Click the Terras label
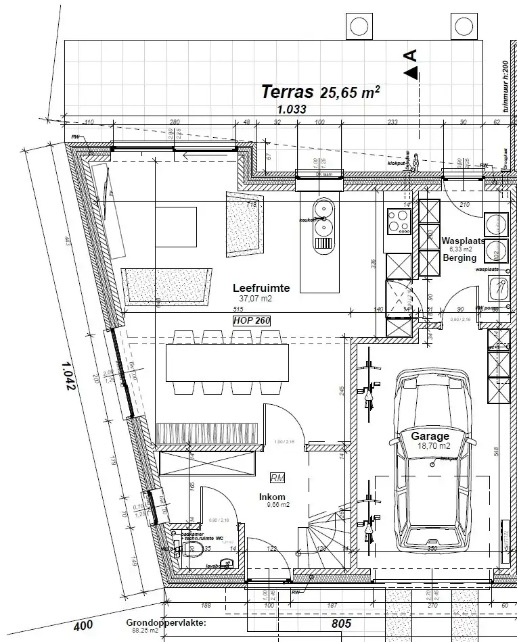coord(287,92)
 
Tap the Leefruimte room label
coord(261,288)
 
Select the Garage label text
coord(430,437)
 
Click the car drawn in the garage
coord(433,460)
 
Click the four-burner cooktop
coord(399,221)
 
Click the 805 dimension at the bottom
coord(342,624)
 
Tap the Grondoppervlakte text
coord(166,622)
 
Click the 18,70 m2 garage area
coord(434,446)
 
